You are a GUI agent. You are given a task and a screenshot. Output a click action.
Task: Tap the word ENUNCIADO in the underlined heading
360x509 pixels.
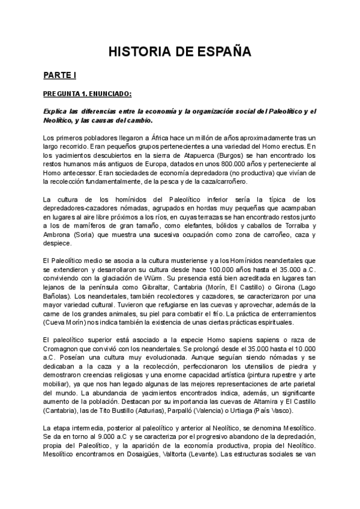pyautogui.click(x=109, y=94)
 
